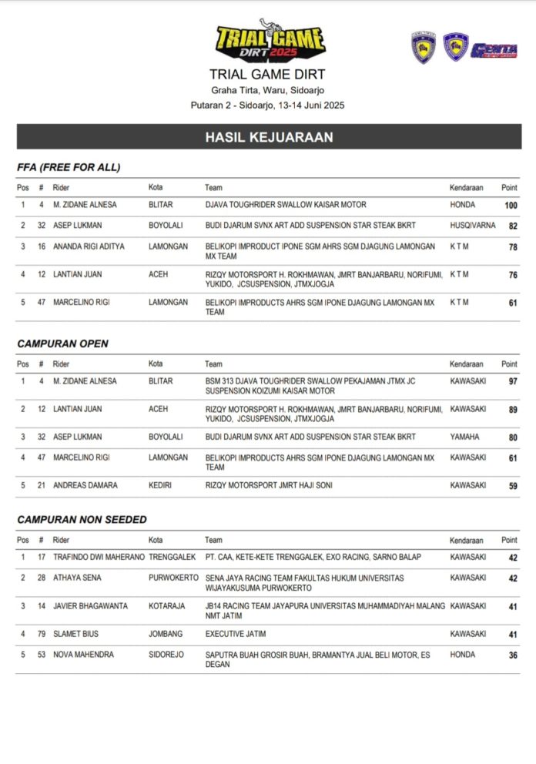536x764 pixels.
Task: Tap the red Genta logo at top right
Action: coord(494,51)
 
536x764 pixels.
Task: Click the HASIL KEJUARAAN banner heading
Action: coord(269,137)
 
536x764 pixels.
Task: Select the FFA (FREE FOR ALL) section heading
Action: coord(69,167)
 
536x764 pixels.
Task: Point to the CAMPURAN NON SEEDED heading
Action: coord(82,520)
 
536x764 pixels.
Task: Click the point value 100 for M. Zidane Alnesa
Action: coord(510,206)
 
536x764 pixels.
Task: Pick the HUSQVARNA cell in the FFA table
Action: coord(473,226)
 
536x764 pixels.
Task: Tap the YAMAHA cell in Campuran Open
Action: coord(464,437)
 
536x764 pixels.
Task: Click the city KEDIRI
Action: coord(162,485)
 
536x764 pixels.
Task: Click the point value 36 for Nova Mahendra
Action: coord(512,656)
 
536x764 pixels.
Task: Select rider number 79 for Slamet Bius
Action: coord(41,634)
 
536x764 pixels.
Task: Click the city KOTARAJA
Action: coord(166,606)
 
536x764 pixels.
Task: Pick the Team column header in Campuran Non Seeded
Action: coord(213,540)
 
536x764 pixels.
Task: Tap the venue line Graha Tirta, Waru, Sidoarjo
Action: coord(267,90)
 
